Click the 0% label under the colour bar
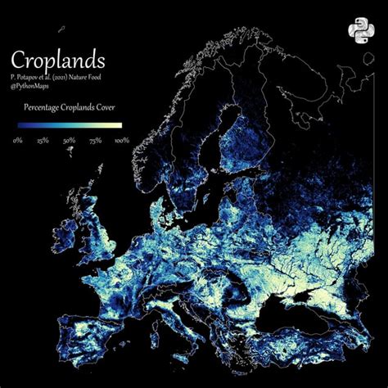point(17,140)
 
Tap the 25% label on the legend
point(42,140)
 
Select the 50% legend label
point(69,140)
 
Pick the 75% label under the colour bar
point(95,140)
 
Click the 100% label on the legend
point(122,140)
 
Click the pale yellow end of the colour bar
point(119,125)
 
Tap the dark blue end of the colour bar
point(20,125)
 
